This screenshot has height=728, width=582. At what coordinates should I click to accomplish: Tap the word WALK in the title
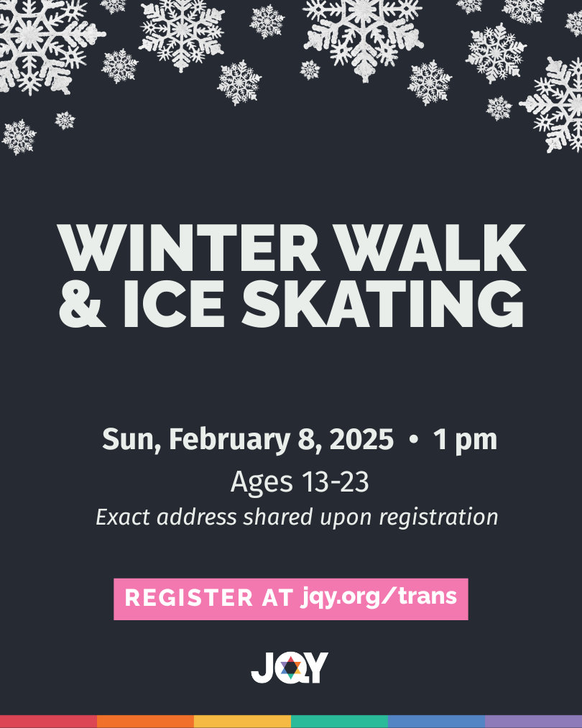tap(432, 248)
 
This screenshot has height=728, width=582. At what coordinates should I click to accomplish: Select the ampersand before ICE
tap(82, 304)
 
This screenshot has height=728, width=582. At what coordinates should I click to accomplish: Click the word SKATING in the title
tap(383, 304)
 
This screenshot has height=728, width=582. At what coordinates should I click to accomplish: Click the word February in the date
tap(229, 440)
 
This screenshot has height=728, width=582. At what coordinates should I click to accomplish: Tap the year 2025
tap(361, 440)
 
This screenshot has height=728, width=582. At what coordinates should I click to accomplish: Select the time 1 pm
tap(465, 440)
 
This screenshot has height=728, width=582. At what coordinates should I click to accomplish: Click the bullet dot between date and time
tap(414, 439)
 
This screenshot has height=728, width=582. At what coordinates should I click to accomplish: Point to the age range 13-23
tap(335, 482)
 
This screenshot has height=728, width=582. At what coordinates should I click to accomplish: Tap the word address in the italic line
tap(197, 517)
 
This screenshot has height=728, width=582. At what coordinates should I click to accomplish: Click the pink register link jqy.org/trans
tap(379, 596)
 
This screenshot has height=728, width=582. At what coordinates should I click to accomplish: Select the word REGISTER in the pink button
tap(188, 597)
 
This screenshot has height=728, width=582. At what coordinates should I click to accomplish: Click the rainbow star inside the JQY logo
tap(290, 668)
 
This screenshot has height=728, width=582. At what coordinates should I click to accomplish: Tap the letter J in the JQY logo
tap(262, 668)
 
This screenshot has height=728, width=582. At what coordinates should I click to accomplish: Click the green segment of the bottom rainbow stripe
tap(339, 722)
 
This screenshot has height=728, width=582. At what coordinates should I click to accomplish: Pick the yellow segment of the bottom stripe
tap(242, 722)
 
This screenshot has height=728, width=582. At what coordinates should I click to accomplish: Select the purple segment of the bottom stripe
tap(533, 722)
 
